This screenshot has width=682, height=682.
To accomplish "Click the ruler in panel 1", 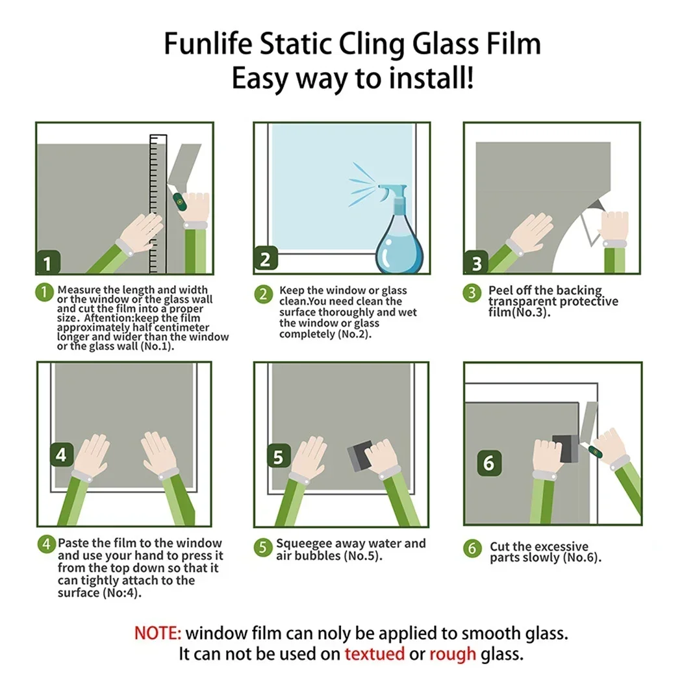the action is point(158,203).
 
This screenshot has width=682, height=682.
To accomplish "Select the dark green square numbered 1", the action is point(48,262).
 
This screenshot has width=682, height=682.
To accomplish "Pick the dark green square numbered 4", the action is point(61,454).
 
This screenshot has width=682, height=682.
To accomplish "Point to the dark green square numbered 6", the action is point(489,462).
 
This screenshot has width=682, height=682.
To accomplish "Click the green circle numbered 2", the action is point(263,294).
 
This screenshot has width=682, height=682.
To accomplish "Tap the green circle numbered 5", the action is point(262,548).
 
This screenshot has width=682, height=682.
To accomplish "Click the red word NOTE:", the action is point(157,633).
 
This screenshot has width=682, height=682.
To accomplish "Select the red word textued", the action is point(375,653).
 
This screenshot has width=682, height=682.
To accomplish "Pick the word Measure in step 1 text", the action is point(79,290).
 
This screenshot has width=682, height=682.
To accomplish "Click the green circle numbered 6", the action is point(472,548).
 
